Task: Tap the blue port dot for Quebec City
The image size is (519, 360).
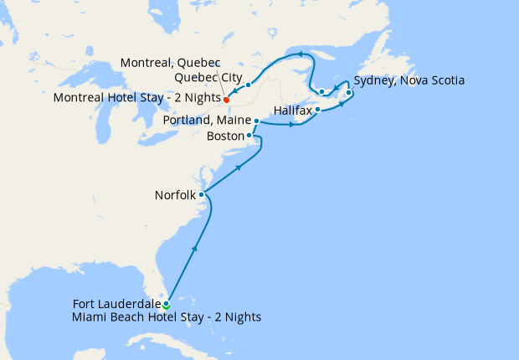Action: tap(249, 85)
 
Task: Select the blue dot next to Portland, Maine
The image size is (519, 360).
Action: tap(256, 121)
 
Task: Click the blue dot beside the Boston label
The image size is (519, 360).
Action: tap(249, 136)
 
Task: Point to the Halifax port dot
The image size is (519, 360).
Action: tap(318, 110)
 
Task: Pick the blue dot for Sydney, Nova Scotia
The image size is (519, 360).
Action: tap(349, 93)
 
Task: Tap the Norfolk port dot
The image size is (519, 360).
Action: tap(202, 195)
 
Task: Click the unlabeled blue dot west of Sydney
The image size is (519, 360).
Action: tap(322, 91)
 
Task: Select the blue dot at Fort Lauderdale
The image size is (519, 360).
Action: tap(166, 304)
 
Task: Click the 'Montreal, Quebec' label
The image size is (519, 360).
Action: tap(170, 64)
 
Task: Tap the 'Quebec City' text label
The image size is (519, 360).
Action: tap(208, 79)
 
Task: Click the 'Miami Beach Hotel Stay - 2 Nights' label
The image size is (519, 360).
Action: tap(167, 316)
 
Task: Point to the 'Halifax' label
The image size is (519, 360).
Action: tap(293, 111)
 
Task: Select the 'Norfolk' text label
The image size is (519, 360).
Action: tap(175, 195)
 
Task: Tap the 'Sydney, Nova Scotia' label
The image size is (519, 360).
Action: tap(409, 81)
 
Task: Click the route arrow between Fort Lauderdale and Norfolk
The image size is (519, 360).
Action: tap(195, 248)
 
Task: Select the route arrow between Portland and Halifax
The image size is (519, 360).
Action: tap(291, 126)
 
